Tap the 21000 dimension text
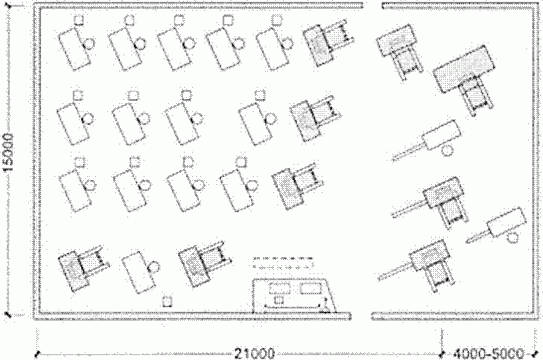254,353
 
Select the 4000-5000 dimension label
488,353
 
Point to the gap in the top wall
372,6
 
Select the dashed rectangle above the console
283,262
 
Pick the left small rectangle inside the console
279,289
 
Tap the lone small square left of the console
167,301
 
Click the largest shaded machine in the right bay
464,67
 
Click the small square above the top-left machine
79,20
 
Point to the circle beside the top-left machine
89,44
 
